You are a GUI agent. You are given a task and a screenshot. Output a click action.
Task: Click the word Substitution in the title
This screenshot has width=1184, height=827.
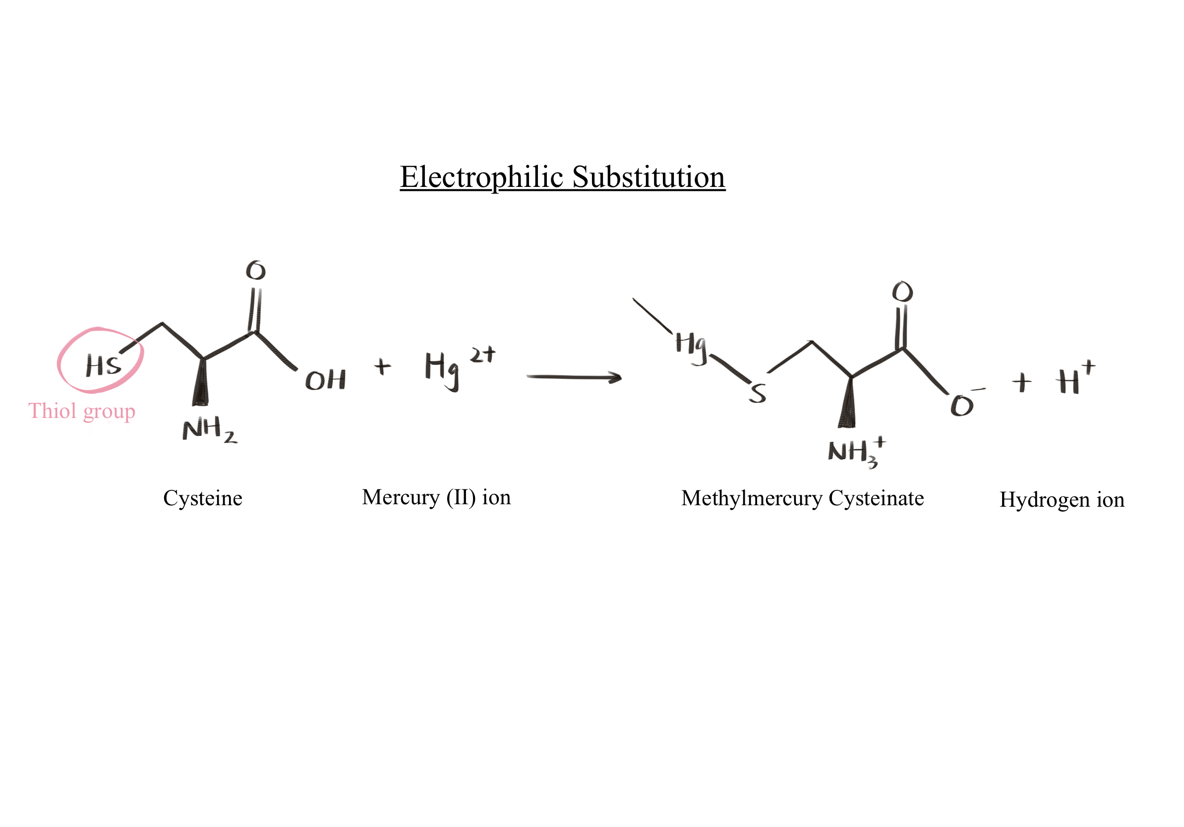648,177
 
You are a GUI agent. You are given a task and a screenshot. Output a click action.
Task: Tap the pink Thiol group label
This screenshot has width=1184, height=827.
81,412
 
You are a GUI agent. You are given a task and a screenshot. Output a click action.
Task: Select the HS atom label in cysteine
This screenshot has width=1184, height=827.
103,365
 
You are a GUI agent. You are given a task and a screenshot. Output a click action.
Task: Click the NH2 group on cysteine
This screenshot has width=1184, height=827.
209,429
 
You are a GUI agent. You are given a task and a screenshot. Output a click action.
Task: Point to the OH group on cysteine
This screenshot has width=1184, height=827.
325,380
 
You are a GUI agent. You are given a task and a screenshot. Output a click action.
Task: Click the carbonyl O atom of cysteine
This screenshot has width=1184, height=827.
256,270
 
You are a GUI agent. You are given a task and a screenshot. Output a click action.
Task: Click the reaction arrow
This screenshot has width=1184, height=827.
574,377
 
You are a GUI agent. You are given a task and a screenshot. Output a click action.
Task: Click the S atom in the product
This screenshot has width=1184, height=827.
758,393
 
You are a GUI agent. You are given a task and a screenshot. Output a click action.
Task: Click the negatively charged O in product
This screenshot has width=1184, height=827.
962,405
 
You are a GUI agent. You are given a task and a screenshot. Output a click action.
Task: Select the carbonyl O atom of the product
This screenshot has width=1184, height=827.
902,293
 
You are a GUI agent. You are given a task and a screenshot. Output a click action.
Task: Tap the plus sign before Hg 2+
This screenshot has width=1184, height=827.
382,366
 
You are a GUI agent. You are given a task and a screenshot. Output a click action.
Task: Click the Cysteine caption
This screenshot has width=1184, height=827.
203,499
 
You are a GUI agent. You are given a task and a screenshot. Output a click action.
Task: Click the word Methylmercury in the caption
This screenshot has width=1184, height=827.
751,499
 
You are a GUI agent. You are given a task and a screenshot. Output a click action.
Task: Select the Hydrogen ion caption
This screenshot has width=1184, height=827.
1062,500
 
